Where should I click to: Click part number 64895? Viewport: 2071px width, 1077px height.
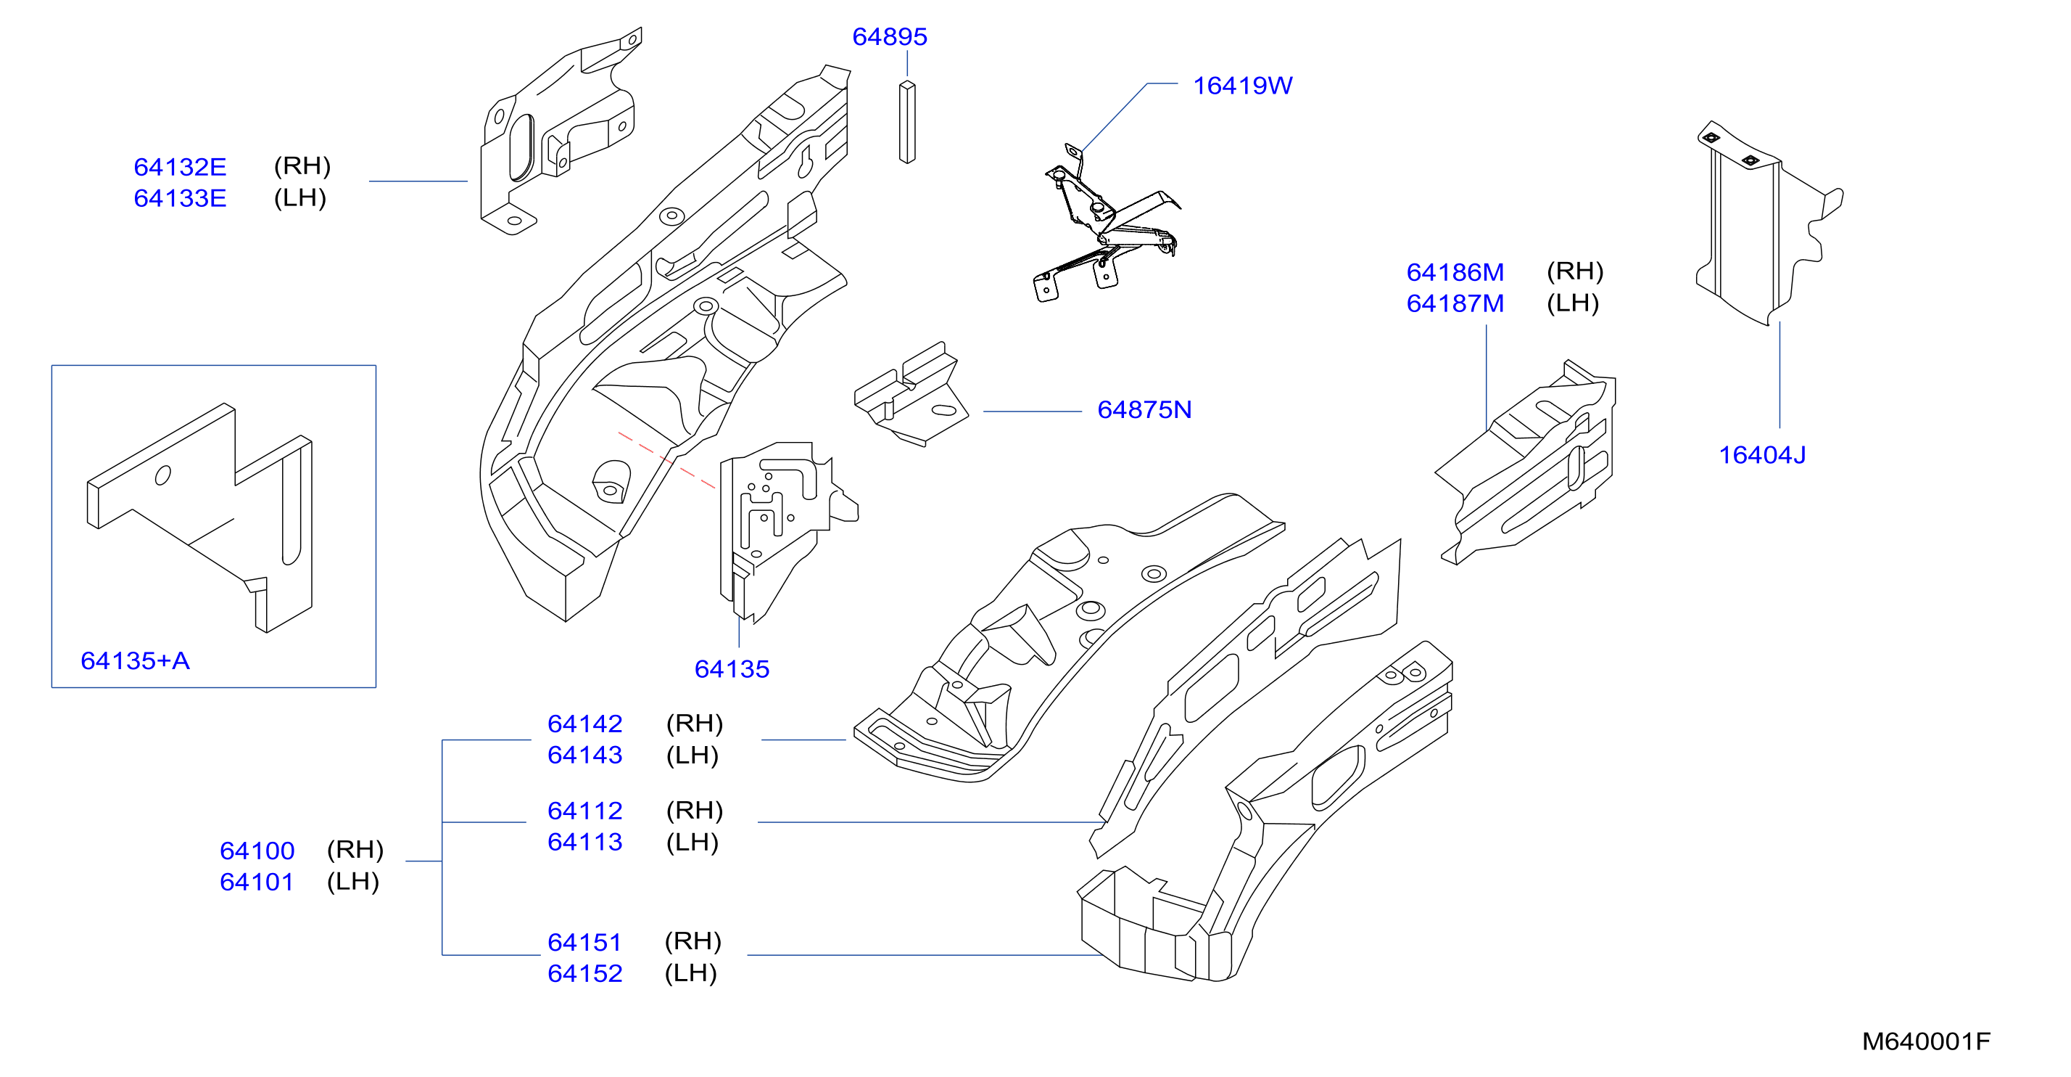tap(889, 37)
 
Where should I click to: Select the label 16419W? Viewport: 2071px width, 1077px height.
tap(1242, 86)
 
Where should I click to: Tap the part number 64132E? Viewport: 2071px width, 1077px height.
tap(180, 168)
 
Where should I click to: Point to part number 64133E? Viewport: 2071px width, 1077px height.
tap(180, 199)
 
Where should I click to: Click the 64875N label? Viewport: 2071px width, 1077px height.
tap(1144, 410)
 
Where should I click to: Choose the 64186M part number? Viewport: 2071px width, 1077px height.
tap(1455, 273)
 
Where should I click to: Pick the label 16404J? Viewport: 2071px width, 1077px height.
tap(1762, 455)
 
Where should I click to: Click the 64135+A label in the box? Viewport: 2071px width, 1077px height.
tap(135, 661)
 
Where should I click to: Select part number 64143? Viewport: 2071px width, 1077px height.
tap(584, 755)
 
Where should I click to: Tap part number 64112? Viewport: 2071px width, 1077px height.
tap(584, 811)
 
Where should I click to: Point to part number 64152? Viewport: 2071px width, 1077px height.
tap(584, 974)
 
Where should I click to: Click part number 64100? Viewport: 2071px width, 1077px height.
tap(257, 851)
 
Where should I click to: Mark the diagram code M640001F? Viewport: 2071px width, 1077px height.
tap(1926, 1042)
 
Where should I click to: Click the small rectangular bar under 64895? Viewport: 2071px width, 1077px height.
tap(907, 122)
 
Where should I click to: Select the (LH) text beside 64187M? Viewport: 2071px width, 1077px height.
tap(1573, 303)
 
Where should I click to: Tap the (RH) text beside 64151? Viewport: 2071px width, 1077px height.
tap(693, 941)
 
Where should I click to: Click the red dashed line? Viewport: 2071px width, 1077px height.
tap(666, 460)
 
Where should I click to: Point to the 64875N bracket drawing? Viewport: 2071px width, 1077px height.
tap(911, 394)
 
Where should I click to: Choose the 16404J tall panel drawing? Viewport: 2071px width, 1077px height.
tap(1769, 224)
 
